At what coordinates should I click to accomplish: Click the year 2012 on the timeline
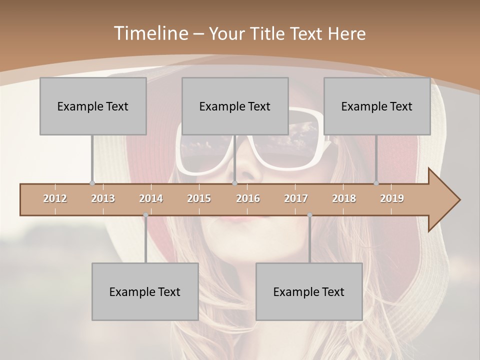click(x=55, y=198)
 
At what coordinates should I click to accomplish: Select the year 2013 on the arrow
click(x=103, y=198)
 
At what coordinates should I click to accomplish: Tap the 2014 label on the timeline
click(x=151, y=198)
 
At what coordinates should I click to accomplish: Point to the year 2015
click(x=199, y=198)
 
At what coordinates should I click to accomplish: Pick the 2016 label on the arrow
click(x=248, y=198)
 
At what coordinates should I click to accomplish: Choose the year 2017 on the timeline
click(x=296, y=198)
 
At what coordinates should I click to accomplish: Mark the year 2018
click(x=344, y=198)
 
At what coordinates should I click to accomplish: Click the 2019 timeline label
click(x=392, y=198)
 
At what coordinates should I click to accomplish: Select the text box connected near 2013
click(x=93, y=106)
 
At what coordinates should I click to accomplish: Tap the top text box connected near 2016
click(x=235, y=106)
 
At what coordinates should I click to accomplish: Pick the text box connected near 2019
click(x=377, y=106)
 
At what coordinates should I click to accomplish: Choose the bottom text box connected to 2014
click(x=145, y=291)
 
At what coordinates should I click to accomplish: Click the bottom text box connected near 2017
click(x=309, y=291)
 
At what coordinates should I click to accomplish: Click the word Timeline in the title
click(x=150, y=33)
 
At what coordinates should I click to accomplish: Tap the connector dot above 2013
click(x=92, y=183)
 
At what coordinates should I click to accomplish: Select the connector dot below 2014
click(x=145, y=215)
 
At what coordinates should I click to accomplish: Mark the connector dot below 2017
click(x=309, y=215)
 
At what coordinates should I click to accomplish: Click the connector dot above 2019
click(x=376, y=183)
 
